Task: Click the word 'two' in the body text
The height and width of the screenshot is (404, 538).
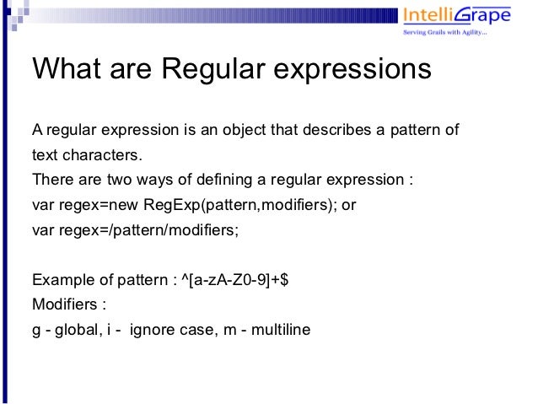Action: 116,180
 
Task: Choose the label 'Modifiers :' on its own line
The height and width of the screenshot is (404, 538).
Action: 66,304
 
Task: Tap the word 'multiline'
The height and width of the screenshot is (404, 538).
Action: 282,329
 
